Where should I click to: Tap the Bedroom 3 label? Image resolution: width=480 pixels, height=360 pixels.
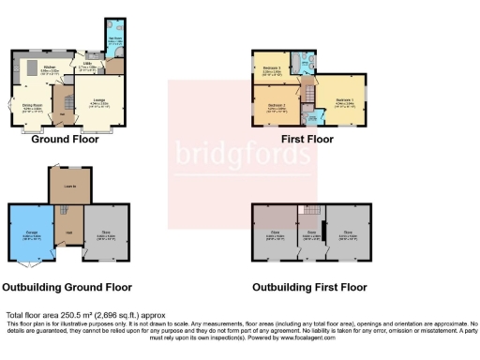(x=272, y=68)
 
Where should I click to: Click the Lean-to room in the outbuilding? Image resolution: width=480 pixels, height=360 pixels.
(x=69, y=187)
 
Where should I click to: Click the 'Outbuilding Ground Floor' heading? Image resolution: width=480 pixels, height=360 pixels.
(x=67, y=287)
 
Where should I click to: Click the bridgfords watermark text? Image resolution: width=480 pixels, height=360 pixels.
(x=242, y=153)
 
